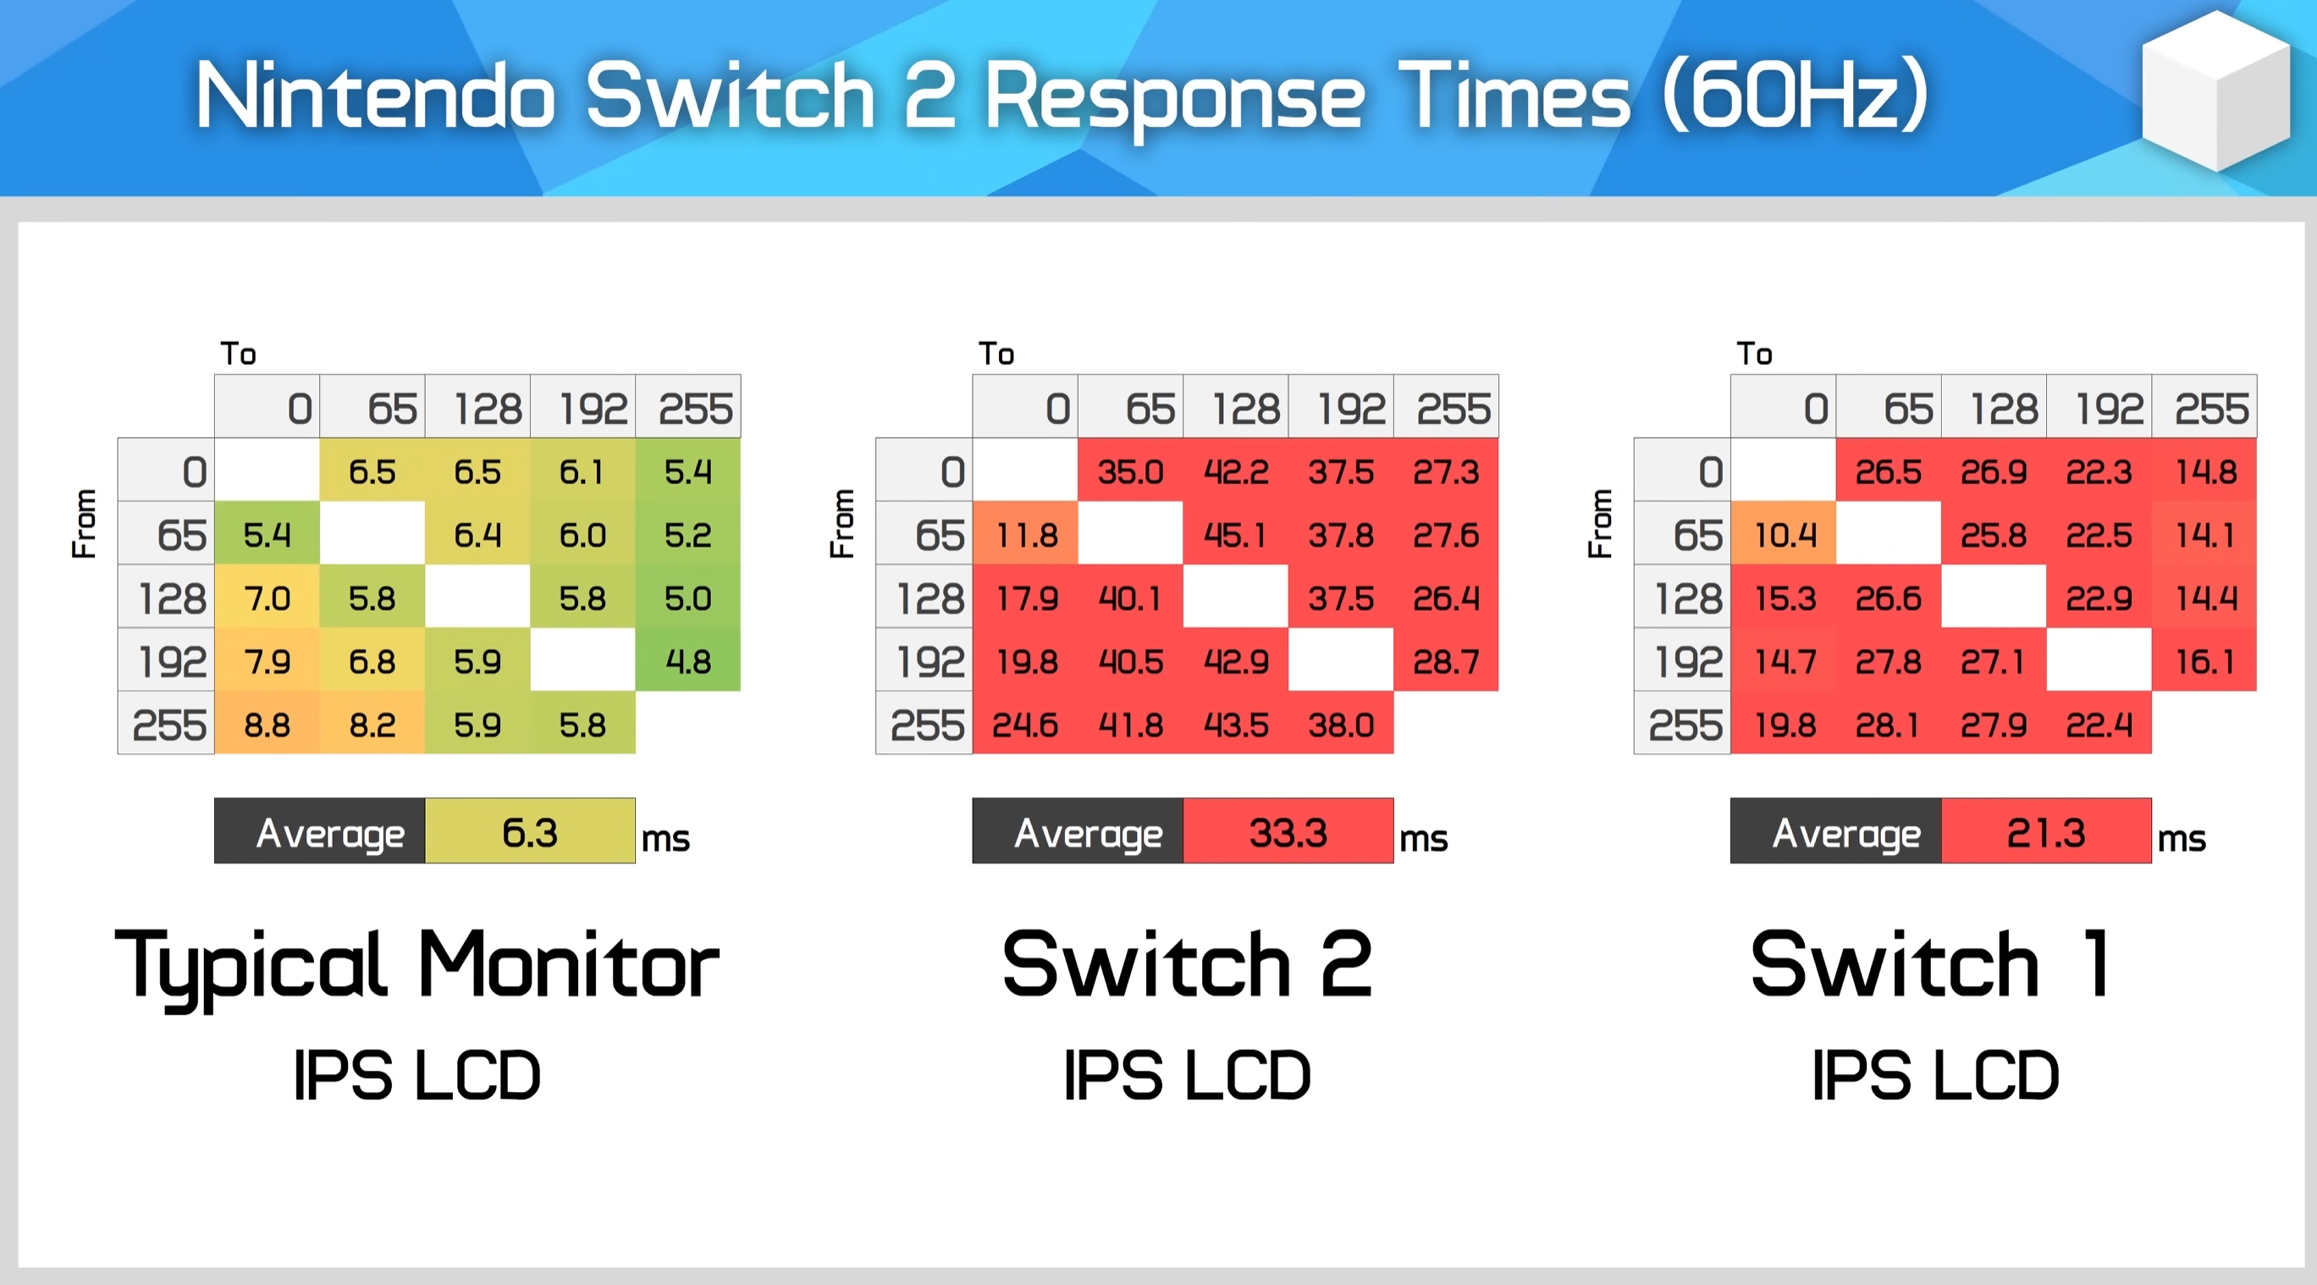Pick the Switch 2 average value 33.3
pos(1288,831)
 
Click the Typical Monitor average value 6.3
pos(530,831)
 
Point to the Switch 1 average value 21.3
pos(2046,831)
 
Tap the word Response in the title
pos(1175,97)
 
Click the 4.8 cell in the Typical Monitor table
pos(688,661)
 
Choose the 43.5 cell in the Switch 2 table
pos(1235,724)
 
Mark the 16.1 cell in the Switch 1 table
pos(2204,661)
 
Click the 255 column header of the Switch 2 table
pos(1446,407)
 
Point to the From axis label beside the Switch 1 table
pos(1600,523)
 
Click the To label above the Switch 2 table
pos(996,353)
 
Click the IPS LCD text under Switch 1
pos(1934,1074)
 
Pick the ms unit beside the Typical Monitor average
pos(665,838)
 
